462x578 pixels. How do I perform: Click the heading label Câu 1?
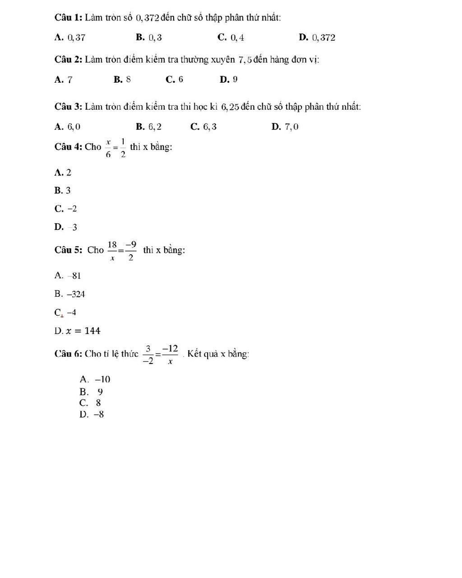pyautogui.click(x=68, y=18)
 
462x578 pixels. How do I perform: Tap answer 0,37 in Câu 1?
pyautogui.click(x=70, y=37)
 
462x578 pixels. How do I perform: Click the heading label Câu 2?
pyautogui.click(x=68, y=60)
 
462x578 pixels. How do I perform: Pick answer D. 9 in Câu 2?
pyautogui.click(x=229, y=80)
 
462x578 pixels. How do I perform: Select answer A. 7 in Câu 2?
pyautogui.click(x=63, y=80)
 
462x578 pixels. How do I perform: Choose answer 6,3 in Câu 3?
pyautogui.click(x=204, y=127)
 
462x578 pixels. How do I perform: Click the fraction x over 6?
pyautogui.click(x=108, y=148)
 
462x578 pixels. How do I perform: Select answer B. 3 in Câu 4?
pyautogui.click(x=63, y=191)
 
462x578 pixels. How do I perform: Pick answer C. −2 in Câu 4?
pyautogui.click(x=66, y=209)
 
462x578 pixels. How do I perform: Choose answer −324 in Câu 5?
pyautogui.click(x=70, y=294)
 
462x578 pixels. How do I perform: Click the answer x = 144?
pyautogui.click(x=78, y=331)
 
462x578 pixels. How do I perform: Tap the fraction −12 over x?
pyautogui.click(x=170, y=354)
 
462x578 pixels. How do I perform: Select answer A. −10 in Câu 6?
pyautogui.click(x=95, y=379)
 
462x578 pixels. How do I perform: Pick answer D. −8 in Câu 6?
pyautogui.click(x=92, y=415)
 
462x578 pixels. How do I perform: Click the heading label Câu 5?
pyautogui.click(x=68, y=250)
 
